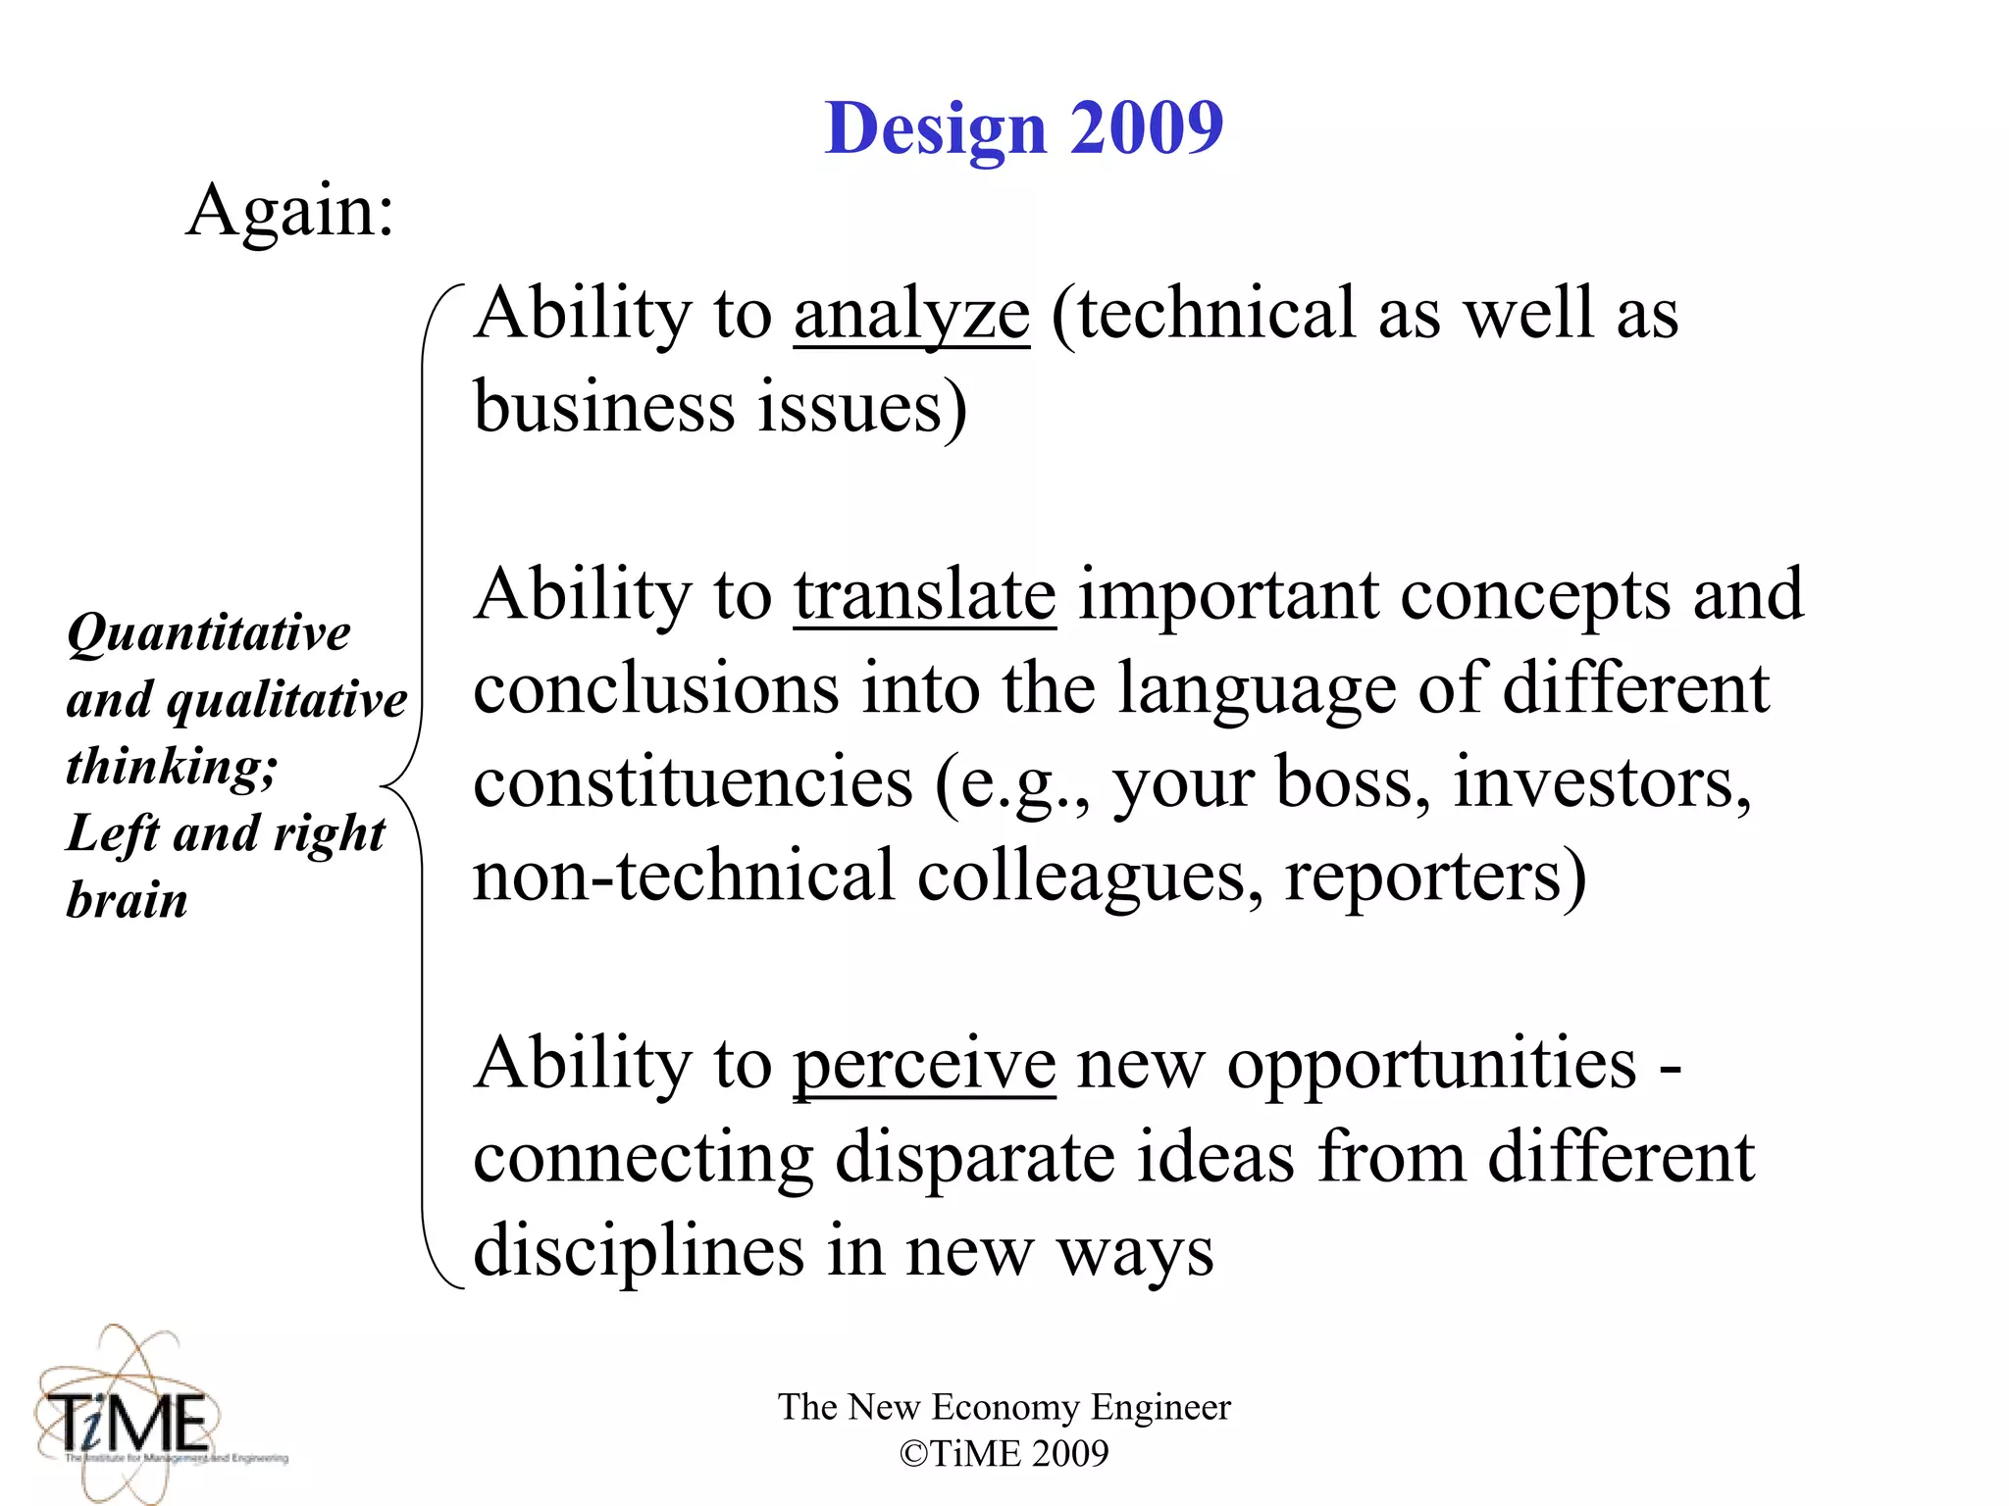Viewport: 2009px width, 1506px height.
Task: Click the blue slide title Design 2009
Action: [x=1023, y=128]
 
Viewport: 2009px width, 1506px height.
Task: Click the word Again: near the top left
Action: [x=290, y=210]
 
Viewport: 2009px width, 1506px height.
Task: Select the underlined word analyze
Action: [x=911, y=314]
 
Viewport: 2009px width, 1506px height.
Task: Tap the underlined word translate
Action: [x=924, y=595]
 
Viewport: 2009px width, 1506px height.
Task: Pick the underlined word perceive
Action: [x=924, y=1065]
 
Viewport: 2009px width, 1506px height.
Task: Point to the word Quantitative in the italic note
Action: [x=209, y=632]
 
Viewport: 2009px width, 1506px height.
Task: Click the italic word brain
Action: [x=127, y=900]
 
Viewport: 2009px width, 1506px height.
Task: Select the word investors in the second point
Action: [x=1601, y=782]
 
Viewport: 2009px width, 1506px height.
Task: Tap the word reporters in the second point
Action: [x=1434, y=876]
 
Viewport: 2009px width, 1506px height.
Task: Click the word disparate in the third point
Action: [x=974, y=1158]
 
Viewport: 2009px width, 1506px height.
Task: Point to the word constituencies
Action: [x=693, y=782]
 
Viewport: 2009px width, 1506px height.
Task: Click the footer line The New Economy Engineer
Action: [x=1004, y=1407]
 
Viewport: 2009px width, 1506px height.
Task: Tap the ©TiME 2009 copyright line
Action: [x=1004, y=1453]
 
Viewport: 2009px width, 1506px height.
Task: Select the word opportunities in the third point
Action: [x=1432, y=1065]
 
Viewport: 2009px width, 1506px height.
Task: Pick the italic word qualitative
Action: [x=286, y=700]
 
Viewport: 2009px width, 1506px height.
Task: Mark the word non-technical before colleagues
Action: [x=684, y=876]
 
